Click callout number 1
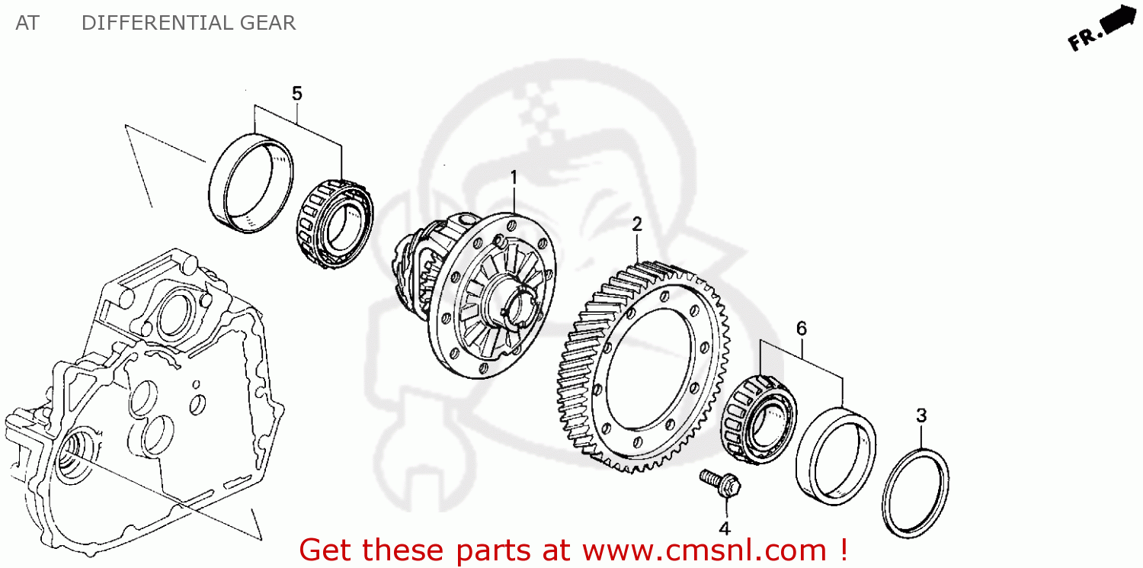514,178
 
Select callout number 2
637,224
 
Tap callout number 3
921,416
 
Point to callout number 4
724,528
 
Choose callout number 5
297,93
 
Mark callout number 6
802,329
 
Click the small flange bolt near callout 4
720,483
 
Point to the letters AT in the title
27,23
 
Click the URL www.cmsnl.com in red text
704,550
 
